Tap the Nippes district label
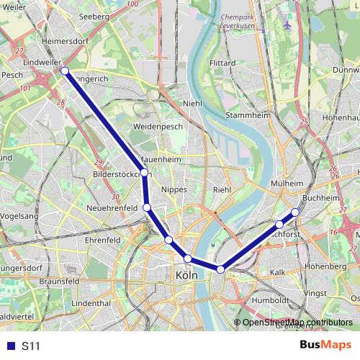coord(175,189)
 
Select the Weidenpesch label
coord(158,126)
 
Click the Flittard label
coord(222,63)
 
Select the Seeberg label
coord(94,15)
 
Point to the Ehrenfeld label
coord(102,239)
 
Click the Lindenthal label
coord(91,304)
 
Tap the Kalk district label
coord(278,273)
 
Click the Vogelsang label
coord(20,215)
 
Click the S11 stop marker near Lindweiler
coord(65,71)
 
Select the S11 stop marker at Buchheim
coord(295,212)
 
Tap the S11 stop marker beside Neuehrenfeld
coord(147,207)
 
